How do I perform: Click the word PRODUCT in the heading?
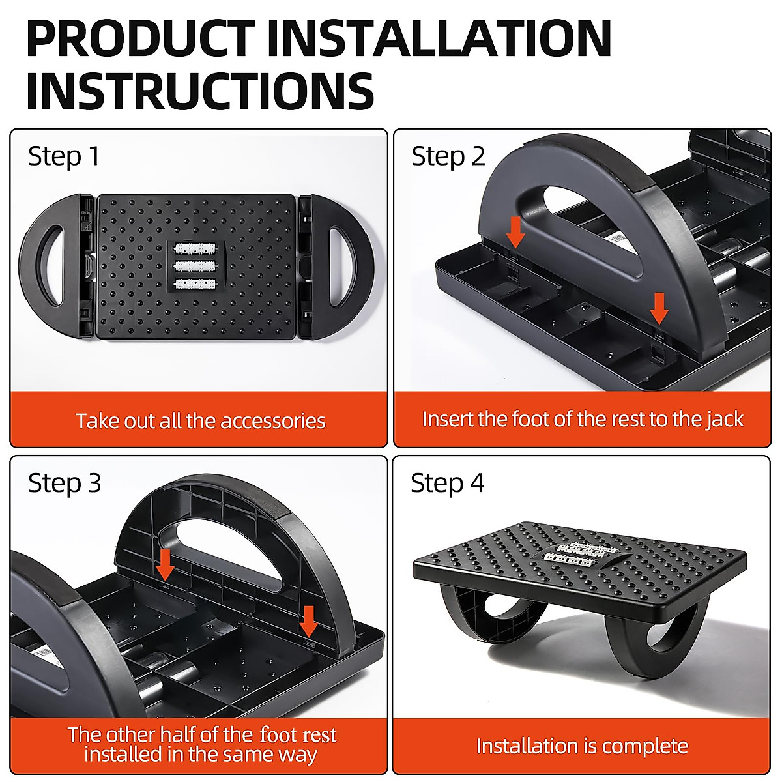click(x=140, y=39)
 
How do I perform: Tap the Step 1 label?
click(x=64, y=156)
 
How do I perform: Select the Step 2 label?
click(x=448, y=156)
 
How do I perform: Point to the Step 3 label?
click(x=65, y=484)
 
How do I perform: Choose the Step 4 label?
click(x=448, y=484)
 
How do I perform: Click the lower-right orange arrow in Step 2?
click(x=659, y=308)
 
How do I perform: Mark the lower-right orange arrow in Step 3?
click(x=308, y=622)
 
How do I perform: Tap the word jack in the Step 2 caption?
click(x=725, y=419)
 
